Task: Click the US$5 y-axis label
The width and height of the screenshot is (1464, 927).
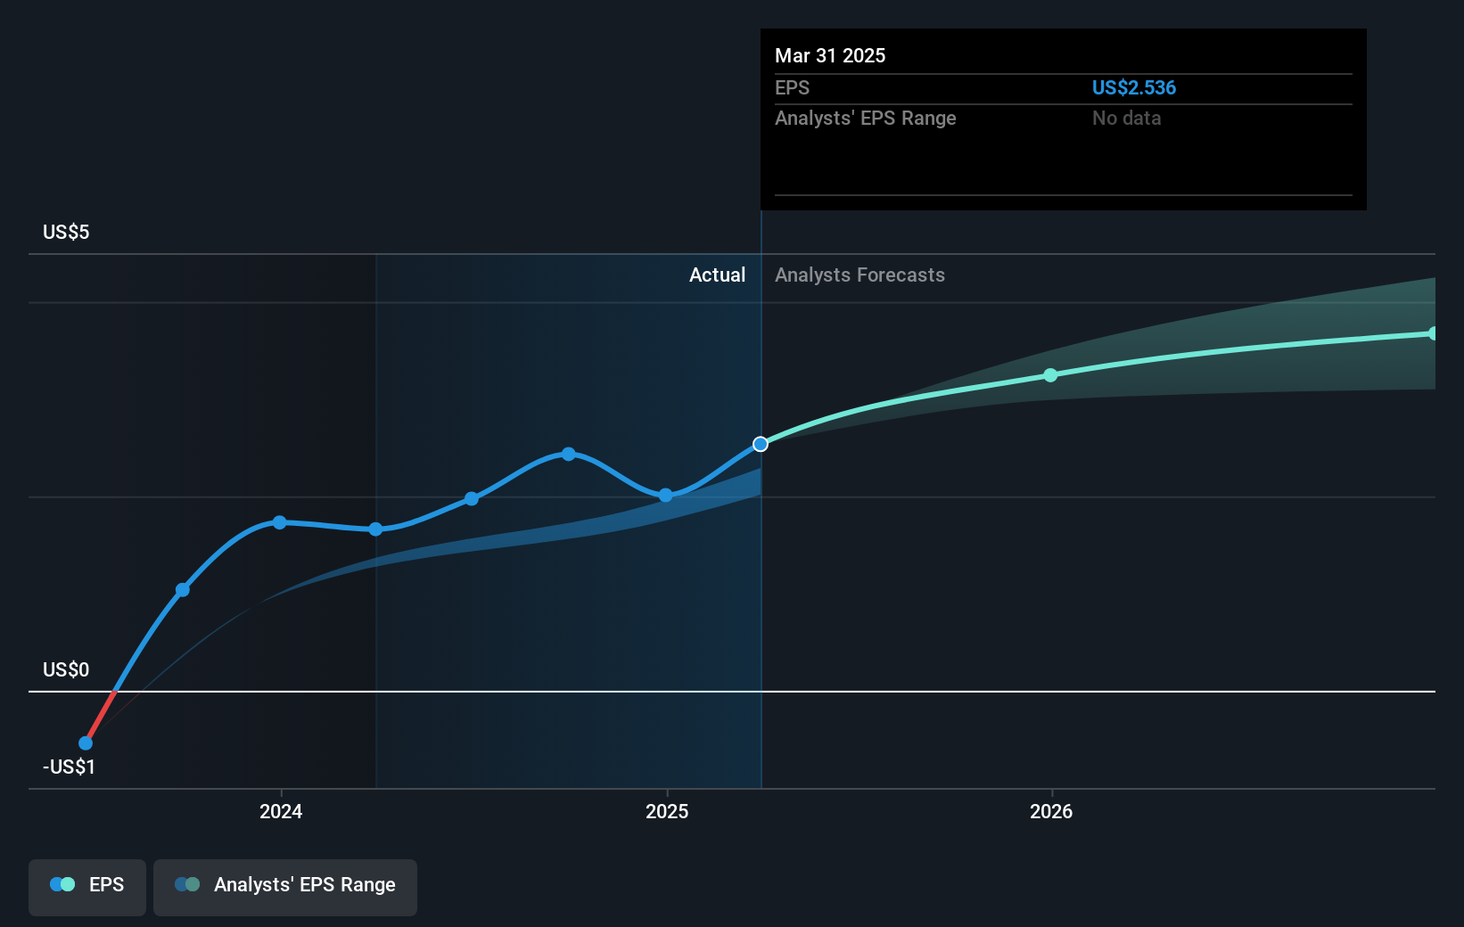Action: pyautogui.click(x=66, y=233)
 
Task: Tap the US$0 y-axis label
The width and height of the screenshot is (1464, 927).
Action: pyautogui.click(x=66, y=670)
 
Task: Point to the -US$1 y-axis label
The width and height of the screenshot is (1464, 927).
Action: pyautogui.click(x=69, y=767)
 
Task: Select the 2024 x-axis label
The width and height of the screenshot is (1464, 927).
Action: pyautogui.click(x=281, y=811)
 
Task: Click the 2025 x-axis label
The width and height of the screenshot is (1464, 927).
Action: pyautogui.click(x=667, y=811)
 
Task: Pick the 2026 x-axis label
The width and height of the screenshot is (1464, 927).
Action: pyautogui.click(x=1051, y=811)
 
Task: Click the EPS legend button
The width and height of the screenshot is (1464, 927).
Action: pyautogui.click(x=87, y=885)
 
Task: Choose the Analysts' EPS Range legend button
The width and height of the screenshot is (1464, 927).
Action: pyautogui.click(x=285, y=885)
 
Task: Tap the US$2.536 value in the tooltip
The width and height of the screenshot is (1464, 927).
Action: pyautogui.click(x=1133, y=87)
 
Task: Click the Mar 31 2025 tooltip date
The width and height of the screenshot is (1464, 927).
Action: pyautogui.click(x=830, y=55)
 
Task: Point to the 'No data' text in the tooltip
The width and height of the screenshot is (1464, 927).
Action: pyautogui.click(x=1126, y=119)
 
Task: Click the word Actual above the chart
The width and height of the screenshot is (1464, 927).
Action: pyautogui.click(x=717, y=275)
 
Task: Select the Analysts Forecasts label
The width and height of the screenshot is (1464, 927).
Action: pyautogui.click(x=859, y=275)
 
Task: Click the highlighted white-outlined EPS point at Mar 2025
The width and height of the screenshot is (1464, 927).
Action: pyautogui.click(x=761, y=444)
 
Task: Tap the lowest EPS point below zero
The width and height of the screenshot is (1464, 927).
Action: pyautogui.click(x=86, y=743)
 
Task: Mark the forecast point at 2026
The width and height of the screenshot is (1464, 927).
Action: pyautogui.click(x=1050, y=375)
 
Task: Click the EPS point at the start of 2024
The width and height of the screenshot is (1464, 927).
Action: pyautogui.click(x=280, y=522)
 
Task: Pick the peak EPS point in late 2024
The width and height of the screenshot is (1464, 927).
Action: pyautogui.click(x=569, y=454)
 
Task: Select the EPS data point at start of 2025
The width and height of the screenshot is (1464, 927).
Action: pyautogui.click(x=666, y=496)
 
